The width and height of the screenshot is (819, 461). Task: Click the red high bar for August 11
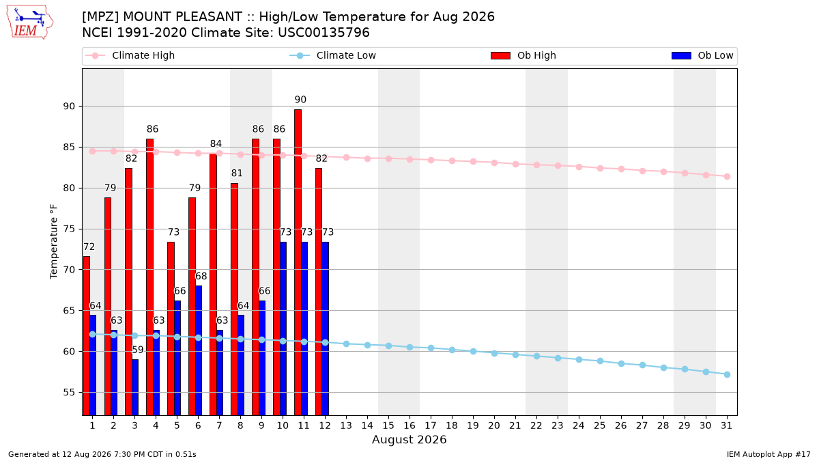coord(298,262)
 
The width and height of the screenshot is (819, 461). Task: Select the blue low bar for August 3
coord(135,387)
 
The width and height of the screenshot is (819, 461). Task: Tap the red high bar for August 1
coord(87,336)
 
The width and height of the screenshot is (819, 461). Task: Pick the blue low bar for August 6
coord(199,350)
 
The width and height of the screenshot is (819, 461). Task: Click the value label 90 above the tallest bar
coord(300,100)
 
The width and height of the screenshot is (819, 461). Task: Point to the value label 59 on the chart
coord(137,350)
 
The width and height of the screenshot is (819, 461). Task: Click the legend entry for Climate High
coord(130,55)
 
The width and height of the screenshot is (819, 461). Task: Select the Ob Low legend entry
coord(702,55)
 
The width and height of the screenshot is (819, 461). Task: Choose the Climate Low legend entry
coord(332,55)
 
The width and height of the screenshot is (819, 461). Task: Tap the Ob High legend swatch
coord(500,55)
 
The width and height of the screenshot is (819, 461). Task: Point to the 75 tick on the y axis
coord(69,229)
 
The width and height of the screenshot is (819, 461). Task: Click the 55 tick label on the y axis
coord(69,393)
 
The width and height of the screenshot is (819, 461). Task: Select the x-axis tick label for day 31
coord(727,426)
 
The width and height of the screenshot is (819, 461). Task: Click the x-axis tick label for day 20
coord(494,426)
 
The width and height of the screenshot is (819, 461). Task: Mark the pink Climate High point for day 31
coord(728,176)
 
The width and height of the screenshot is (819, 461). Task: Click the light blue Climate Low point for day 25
coord(600,361)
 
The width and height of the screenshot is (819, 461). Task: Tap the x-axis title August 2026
coord(409,439)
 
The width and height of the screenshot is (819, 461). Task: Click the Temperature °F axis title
coord(54,242)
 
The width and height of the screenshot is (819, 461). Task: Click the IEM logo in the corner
coord(29,22)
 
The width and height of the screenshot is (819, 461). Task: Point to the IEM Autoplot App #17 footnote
coord(768,454)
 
